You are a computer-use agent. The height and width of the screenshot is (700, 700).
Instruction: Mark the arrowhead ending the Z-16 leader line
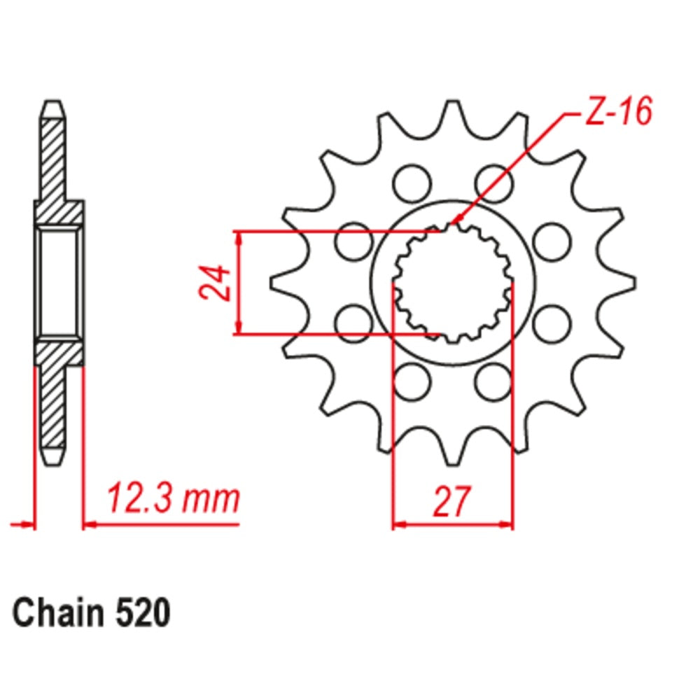coord(454,223)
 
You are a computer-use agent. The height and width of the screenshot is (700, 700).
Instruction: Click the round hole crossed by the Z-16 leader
coord(494,183)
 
